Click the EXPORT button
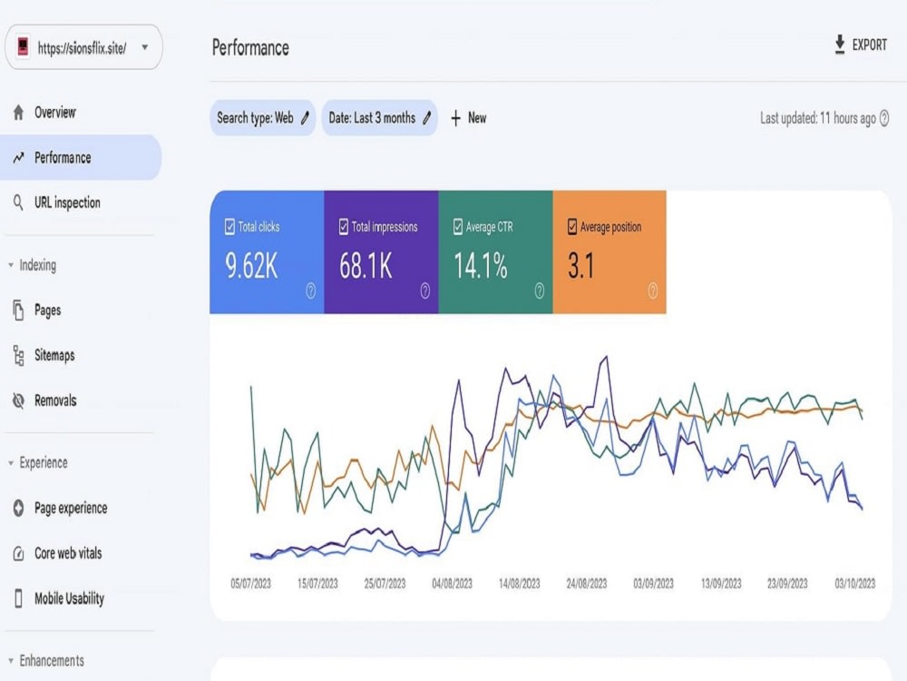point(861,44)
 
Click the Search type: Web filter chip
point(263,118)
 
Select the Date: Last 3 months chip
point(379,118)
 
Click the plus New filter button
point(469,118)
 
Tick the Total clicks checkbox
point(229,226)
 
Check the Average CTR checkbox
point(458,226)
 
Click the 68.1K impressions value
point(366,266)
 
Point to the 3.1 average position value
point(580,266)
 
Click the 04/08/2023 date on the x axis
point(452,584)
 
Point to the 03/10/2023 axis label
point(855,584)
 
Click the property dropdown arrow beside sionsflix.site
point(144,47)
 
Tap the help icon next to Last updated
point(883,118)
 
